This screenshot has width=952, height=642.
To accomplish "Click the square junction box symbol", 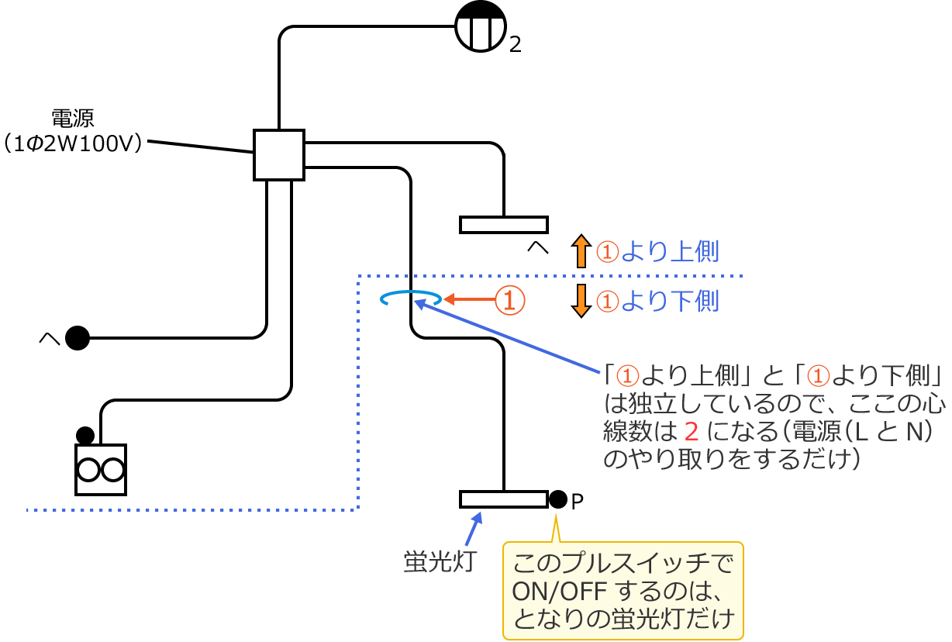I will click(x=279, y=155).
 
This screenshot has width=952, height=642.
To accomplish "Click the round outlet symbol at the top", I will click(x=481, y=26).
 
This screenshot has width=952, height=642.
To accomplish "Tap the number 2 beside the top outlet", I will click(x=516, y=45).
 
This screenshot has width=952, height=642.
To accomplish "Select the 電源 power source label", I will click(x=73, y=119).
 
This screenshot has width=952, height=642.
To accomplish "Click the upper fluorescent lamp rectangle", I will click(x=504, y=225).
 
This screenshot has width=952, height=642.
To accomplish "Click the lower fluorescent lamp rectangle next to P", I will click(x=504, y=499).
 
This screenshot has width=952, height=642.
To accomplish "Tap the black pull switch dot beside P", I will click(x=558, y=499).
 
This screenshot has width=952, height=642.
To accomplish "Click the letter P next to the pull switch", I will click(x=577, y=502).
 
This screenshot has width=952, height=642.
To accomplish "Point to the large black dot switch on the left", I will click(x=78, y=338).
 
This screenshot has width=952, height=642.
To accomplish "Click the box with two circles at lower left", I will click(x=101, y=470).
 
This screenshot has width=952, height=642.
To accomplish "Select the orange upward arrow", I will click(x=581, y=251).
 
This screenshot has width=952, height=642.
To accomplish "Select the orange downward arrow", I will click(x=581, y=301).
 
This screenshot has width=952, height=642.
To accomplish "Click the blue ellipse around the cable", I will click(x=411, y=299).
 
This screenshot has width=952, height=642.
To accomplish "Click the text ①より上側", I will click(x=657, y=252).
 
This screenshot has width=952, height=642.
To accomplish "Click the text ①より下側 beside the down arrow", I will click(x=657, y=301).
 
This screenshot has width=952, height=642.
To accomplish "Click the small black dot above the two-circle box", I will click(x=85, y=435).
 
